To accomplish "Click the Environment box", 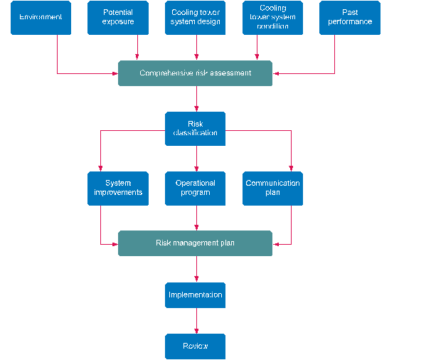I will coord(41,18).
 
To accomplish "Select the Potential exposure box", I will coord(118,18).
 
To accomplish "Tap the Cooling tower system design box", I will coord(196,18).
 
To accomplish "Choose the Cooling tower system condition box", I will coord(272,18).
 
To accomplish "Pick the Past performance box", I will coord(349,18).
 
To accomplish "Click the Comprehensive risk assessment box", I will coord(195,73).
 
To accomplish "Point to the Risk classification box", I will coord(195,129).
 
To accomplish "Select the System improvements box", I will coord(118,188).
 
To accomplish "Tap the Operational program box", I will coord(195,188).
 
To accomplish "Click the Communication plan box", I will coord(272,188).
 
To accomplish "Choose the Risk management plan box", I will coord(195,243).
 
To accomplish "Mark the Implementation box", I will coord(195,295).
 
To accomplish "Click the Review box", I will coord(195,346).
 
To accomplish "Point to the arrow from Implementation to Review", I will coord(196,321).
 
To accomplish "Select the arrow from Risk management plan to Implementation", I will coord(196,269).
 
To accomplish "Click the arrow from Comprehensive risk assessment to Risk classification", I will coord(196,99).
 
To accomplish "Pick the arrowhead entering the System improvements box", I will coord(100,168).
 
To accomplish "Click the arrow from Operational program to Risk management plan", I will coord(196,218).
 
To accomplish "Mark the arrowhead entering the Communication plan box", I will coord(291,168).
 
